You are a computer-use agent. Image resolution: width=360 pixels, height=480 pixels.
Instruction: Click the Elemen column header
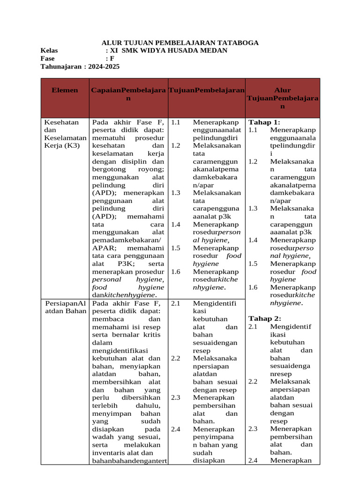pyautogui.click(x=65, y=90)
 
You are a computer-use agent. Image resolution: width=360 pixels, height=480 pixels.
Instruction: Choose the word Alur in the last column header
pyautogui.click(x=282, y=90)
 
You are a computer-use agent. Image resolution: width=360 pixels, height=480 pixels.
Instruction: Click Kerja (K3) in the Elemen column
pyautogui.click(x=62, y=145)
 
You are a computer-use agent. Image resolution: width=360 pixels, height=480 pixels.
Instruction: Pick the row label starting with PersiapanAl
pyautogui.click(x=65, y=303)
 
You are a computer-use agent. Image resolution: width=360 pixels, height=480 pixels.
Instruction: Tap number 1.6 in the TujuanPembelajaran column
pyautogui.click(x=176, y=272)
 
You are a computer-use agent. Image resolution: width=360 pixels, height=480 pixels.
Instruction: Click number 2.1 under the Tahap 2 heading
pyautogui.click(x=253, y=326)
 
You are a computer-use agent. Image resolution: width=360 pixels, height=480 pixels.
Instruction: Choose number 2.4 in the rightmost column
pyautogui.click(x=253, y=460)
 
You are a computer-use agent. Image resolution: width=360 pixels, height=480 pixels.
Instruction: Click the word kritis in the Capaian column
pyautogui.click(x=154, y=335)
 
